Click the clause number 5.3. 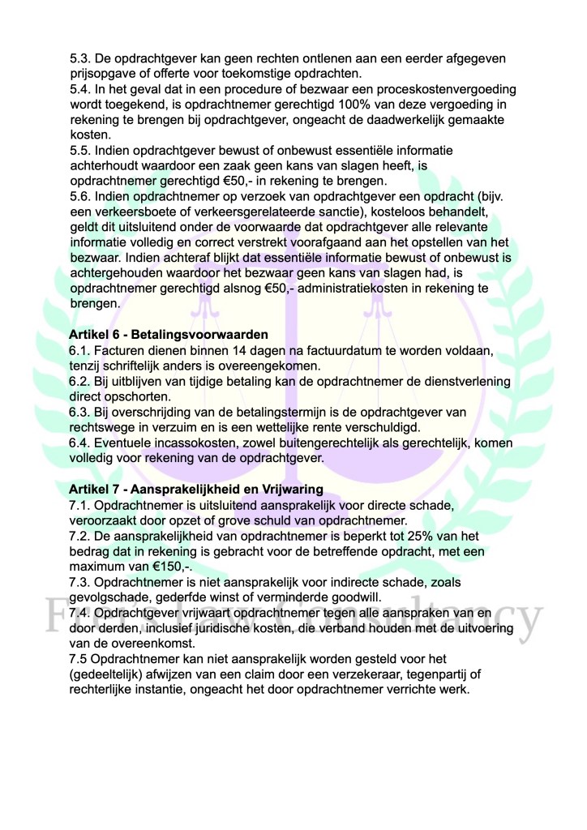(81, 59)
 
